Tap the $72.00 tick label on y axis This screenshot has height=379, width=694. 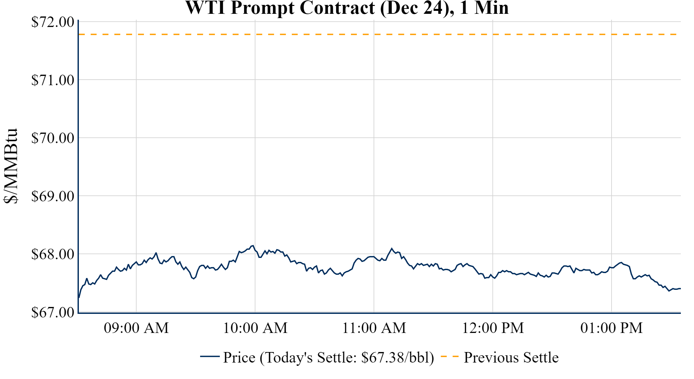coord(53,22)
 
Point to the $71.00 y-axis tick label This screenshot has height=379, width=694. coord(53,80)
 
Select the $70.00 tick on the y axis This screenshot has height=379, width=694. coord(53,138)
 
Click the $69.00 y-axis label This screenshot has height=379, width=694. coord(53,196)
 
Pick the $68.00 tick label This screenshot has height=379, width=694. coord(53,254)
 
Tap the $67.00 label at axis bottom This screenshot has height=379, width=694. coord(53,312)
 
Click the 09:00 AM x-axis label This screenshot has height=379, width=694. coord(136,328)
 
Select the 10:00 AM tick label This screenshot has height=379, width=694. coord(255,328)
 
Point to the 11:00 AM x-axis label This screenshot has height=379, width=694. coord(374,328)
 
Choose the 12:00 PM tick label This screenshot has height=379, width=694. coord(493,328)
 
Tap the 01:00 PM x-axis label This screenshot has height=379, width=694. coord(612,328)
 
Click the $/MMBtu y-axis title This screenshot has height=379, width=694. coord(11,166)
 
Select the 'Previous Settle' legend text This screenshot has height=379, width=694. coord(511,358)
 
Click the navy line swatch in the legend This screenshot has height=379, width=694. coord(210,356)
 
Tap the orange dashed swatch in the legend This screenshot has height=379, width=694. coord(450,356)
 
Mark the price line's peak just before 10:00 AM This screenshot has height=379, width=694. coord(253,245)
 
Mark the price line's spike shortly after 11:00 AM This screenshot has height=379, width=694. coord(391,248)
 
